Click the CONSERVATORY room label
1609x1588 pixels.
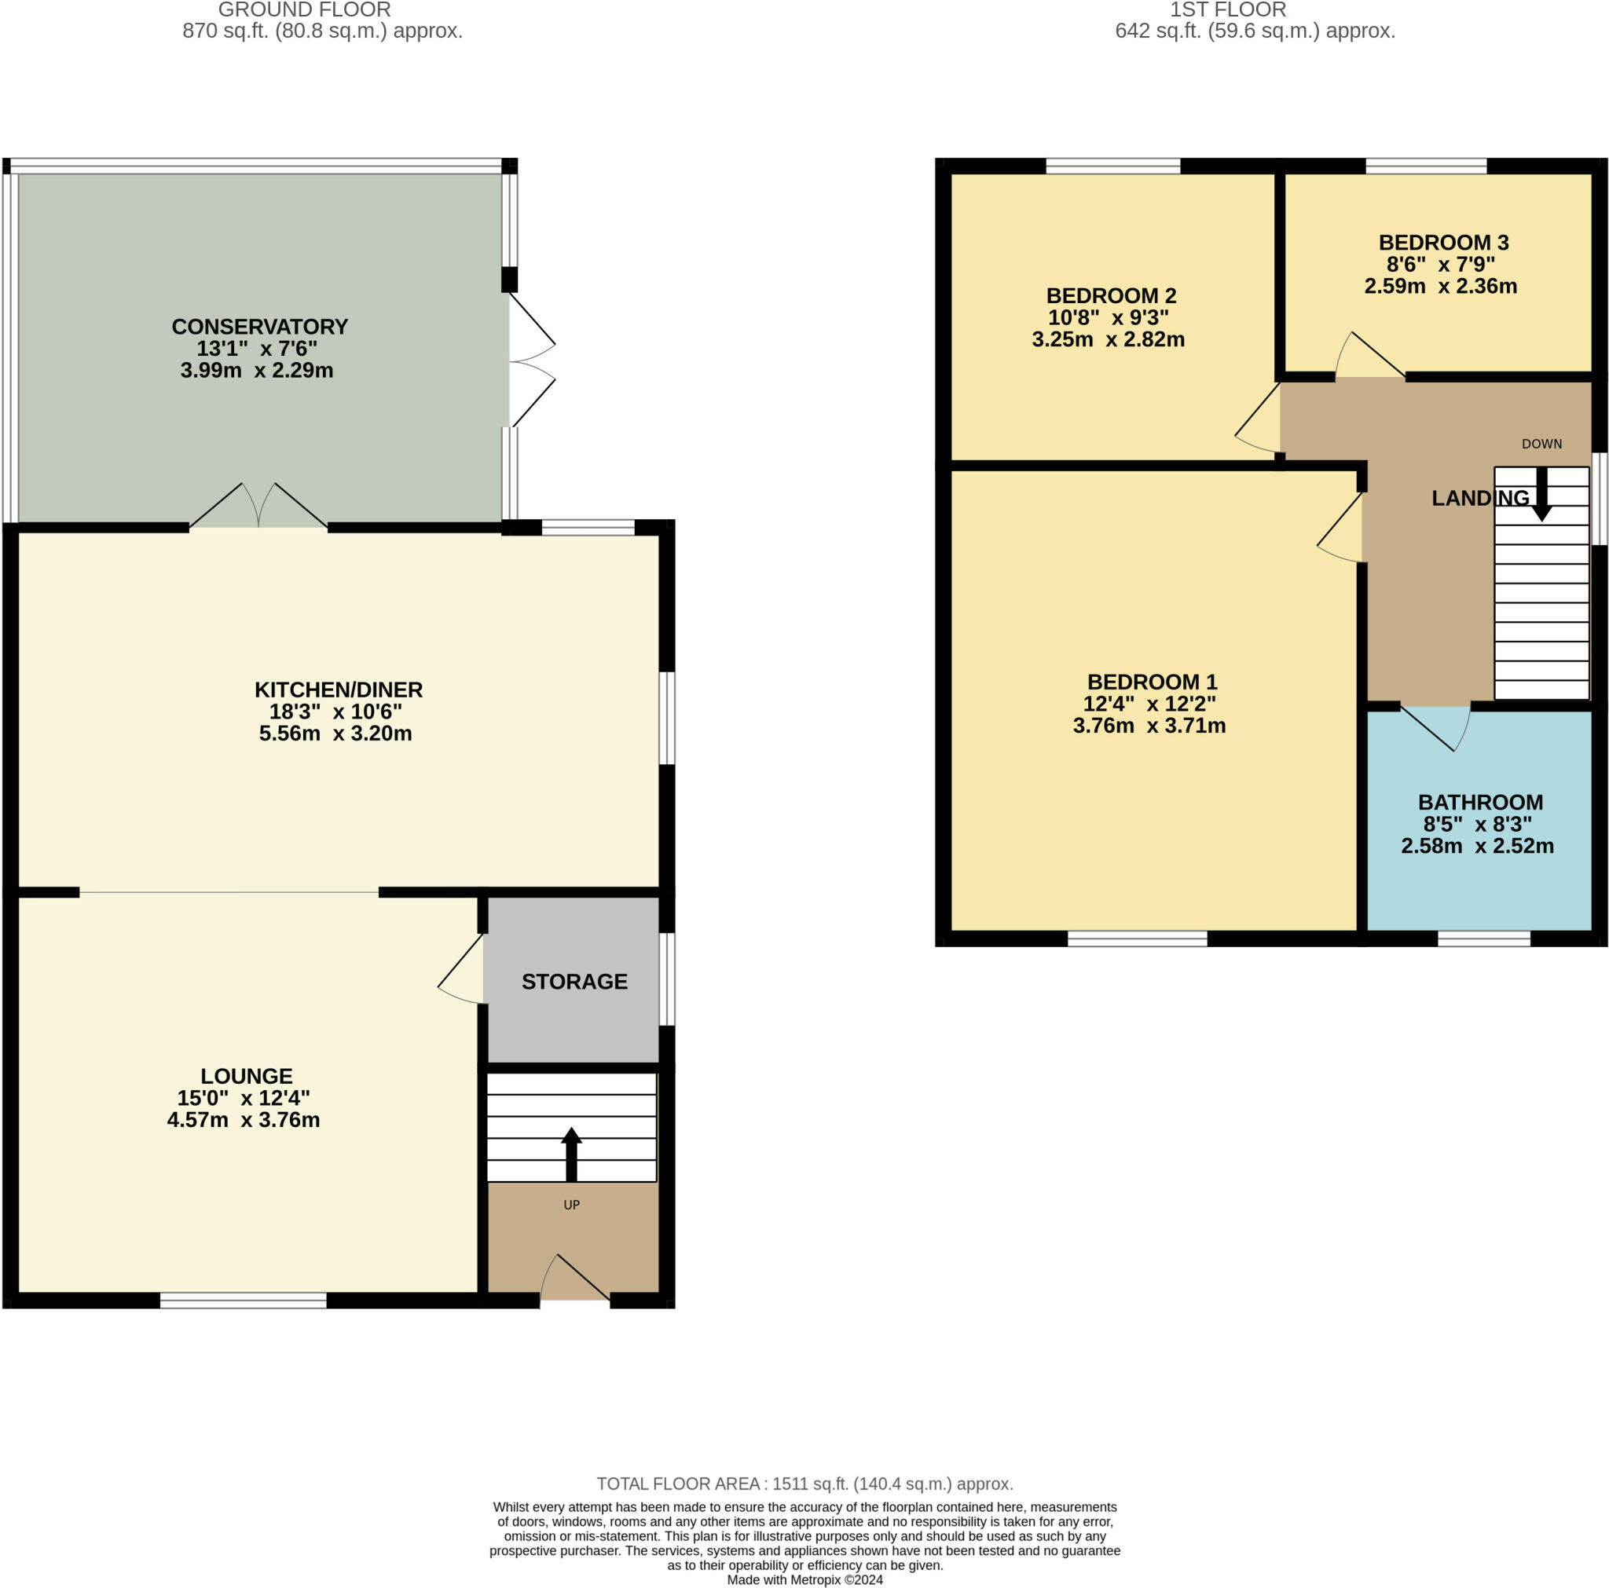point(259,327)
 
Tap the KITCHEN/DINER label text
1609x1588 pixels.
point(338,690)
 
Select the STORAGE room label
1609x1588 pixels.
point(574,981)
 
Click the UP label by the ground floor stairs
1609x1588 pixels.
point(571,1205)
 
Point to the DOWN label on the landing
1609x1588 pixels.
point(1541,444)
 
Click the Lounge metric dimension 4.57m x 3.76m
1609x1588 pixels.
point(244,1120)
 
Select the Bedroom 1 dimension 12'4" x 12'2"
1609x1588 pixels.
point(1149,704)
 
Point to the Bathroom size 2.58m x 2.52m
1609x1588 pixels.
point(1478,846)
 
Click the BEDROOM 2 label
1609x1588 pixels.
point(1111,295)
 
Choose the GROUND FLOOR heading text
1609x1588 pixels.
point(304,10)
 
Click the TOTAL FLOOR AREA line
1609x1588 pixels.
point(804,1484)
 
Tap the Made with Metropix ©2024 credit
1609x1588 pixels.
point(804,1579)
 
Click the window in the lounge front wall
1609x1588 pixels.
point(244,1301)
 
